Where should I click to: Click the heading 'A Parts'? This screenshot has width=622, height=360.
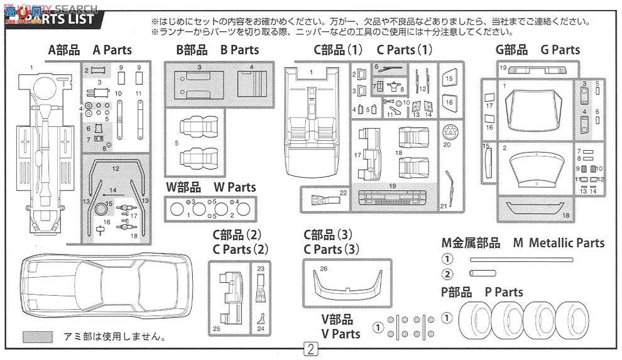112,50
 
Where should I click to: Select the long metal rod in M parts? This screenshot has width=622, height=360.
521,259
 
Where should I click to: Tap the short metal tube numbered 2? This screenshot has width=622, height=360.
483,273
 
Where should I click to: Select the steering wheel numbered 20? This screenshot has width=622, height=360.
449,132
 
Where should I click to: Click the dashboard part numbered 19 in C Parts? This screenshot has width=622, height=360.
391,199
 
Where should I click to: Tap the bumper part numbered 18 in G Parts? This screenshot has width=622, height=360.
535,210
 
